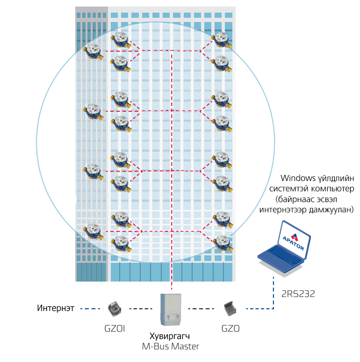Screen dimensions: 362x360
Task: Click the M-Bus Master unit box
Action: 171,309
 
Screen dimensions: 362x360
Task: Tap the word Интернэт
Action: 55,309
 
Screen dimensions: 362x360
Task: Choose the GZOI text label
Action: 115,328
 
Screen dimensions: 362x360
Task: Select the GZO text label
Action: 230,328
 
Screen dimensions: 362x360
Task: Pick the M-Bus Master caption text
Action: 171,347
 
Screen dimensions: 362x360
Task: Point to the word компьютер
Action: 327,188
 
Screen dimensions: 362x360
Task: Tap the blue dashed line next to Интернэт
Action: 91,309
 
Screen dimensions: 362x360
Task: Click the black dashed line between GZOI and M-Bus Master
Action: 140,309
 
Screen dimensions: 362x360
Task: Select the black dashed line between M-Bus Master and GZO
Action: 201,309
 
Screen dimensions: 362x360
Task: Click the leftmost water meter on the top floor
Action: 93,51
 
